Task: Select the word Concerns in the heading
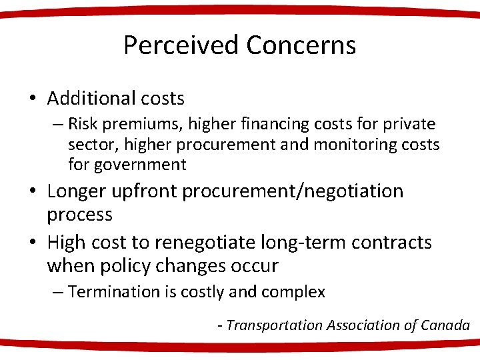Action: click(301, 45)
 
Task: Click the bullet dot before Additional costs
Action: click(32, 99)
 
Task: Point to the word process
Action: click(79, 215)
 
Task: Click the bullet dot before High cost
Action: click(32, 243)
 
